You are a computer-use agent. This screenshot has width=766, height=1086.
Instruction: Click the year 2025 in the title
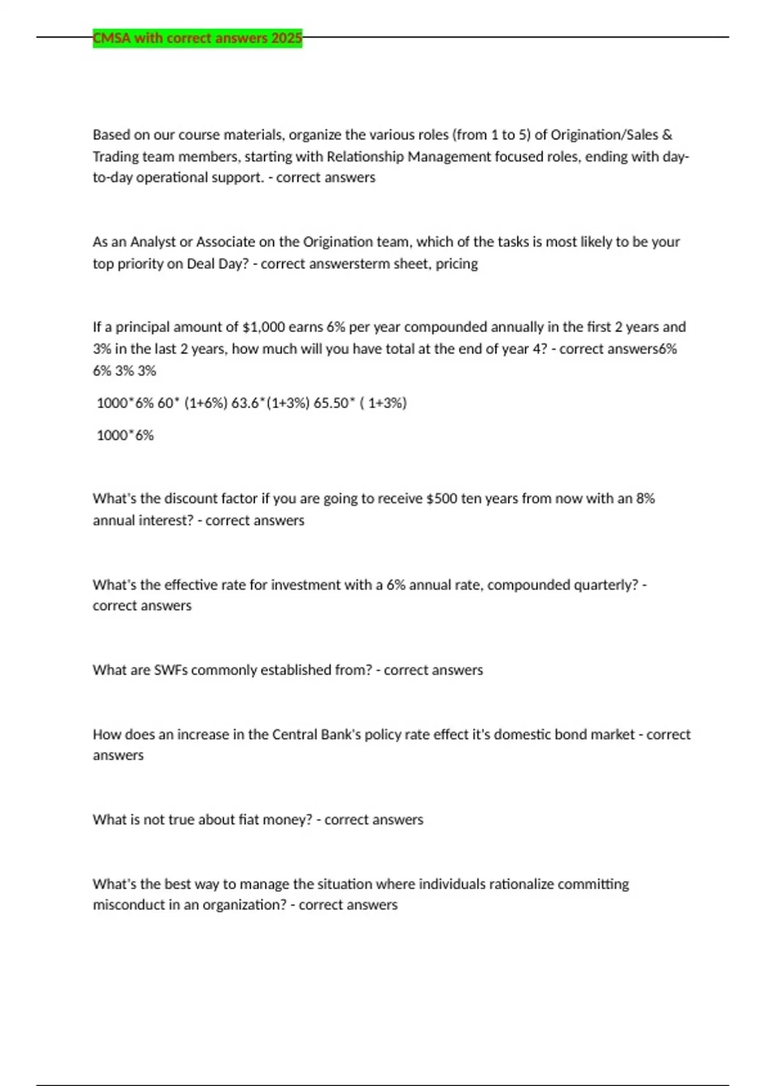pyautogui.click(x=287, y=38)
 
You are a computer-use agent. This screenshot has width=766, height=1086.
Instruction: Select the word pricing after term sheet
pyautogui.click(x=456, y=264)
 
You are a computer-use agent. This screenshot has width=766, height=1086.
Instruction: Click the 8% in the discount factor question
pyautogui.click(x=645, y=498)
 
